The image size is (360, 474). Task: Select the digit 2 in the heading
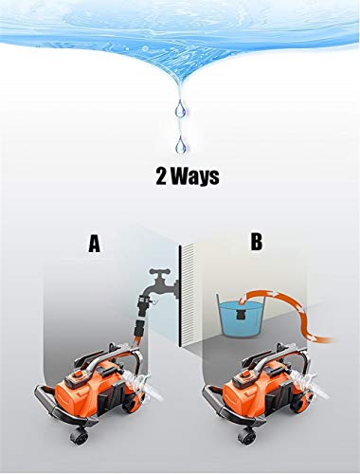[162, 176]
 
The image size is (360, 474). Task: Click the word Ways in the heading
[195, 177]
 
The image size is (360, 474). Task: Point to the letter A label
[94, 245]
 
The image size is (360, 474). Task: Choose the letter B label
[257, 242]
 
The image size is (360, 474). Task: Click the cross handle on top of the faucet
[160, 272]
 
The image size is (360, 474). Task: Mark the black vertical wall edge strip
[180, 296]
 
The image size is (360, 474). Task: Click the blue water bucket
[242, 316]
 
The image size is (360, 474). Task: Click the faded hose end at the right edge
[329, 340]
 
